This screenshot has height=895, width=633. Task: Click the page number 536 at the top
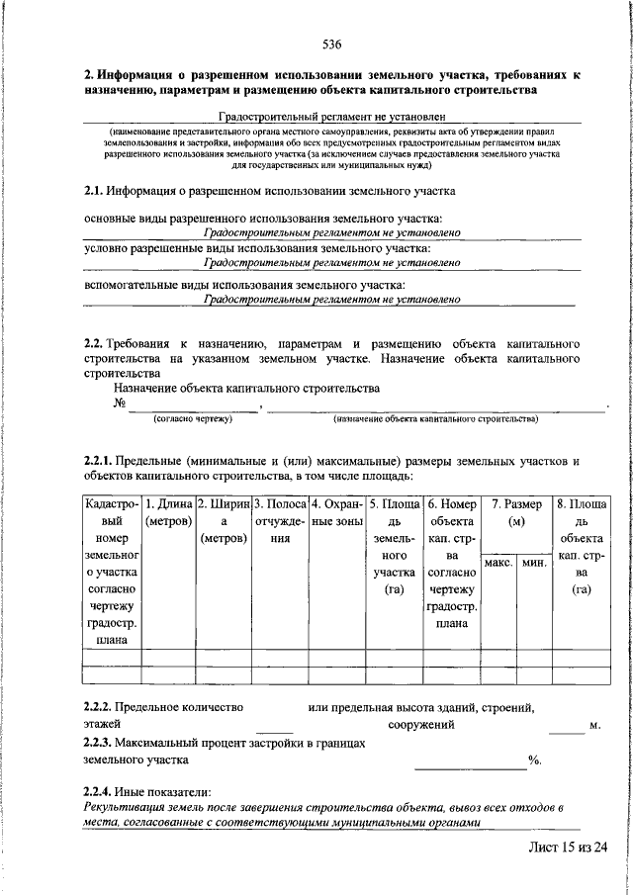tap(331, 45)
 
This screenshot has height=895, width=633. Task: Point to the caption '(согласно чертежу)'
tap(192, 419)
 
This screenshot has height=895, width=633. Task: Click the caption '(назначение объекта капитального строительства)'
tap(435, 419)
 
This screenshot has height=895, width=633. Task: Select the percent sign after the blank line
tap(534, 761)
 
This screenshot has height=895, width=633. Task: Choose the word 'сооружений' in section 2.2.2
tap(421, 725)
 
